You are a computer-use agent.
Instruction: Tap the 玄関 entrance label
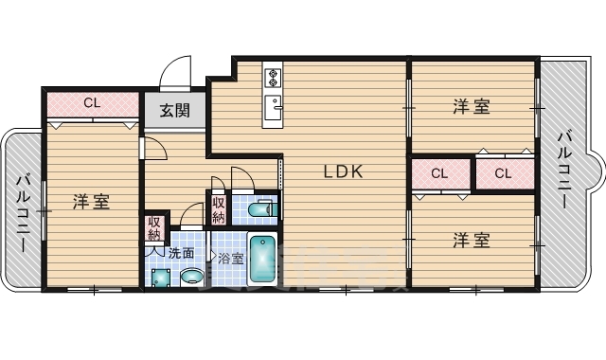173,110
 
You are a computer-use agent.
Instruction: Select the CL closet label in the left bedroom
92,102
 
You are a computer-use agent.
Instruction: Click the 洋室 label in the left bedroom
92,201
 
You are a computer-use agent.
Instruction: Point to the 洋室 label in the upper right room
471,107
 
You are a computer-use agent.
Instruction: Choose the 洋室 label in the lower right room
471,240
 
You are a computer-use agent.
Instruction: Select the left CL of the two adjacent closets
439,172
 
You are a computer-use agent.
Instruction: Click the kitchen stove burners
272,75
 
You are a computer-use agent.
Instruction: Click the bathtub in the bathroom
261,257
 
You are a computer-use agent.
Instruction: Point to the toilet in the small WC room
258,208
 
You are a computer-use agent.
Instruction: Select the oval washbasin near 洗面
191,277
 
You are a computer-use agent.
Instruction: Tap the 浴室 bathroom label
230,258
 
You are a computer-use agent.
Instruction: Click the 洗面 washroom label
181,253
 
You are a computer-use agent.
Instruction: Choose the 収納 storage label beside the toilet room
219,207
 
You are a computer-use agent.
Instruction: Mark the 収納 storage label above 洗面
154,230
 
